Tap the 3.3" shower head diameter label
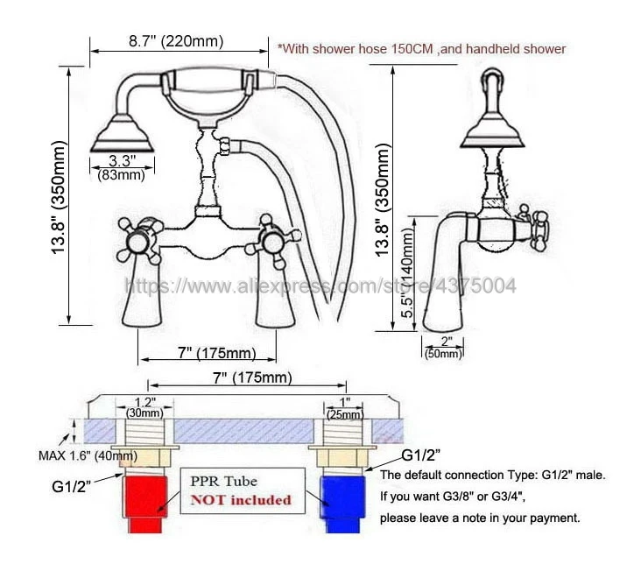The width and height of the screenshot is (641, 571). click(121, 161)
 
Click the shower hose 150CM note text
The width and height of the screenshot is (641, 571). click(421, 49)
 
